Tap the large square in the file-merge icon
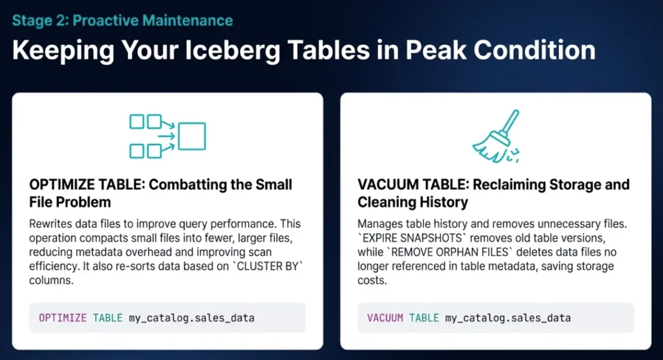pos(192,136)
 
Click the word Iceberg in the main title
pos(232,51)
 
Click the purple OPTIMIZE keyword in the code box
pos(63,318)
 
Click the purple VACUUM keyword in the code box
pos(385,318)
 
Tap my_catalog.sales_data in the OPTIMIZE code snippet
pos(192,318)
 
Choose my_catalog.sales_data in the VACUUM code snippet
pos(508,318)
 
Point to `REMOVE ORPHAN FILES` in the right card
pos(449,252)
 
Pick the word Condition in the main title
pos(534,50)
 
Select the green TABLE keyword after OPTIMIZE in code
pos(108,318)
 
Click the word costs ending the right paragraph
pos(372,280)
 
